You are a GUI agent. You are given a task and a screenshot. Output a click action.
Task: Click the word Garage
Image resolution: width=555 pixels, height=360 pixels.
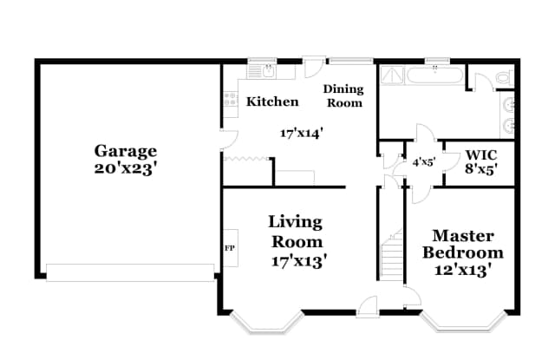[126, 151]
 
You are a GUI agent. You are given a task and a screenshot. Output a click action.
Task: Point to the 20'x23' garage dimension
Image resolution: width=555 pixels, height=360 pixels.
[126, 169]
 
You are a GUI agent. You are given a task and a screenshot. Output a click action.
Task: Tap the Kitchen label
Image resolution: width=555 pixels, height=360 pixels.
[272, 101]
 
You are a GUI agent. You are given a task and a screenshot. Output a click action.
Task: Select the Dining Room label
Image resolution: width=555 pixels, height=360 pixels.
[343, 95]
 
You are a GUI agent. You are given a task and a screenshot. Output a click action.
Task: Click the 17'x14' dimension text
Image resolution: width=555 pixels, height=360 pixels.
[301, 133]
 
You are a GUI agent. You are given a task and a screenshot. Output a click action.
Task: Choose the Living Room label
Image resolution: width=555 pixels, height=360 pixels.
[295, 232]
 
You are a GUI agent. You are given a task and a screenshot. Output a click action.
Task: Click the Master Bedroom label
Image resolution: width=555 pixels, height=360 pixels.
[463, 244]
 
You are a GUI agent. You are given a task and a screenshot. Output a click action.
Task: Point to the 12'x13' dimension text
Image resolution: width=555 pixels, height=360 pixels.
[463, 270]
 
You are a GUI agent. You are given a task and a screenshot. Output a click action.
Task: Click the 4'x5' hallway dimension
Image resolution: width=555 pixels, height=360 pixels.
[424, 162]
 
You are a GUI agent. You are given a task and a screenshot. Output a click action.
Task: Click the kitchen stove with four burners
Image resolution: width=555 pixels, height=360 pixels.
[231, 100]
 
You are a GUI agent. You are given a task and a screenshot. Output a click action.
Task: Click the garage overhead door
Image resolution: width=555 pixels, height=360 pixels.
[130, 272]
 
